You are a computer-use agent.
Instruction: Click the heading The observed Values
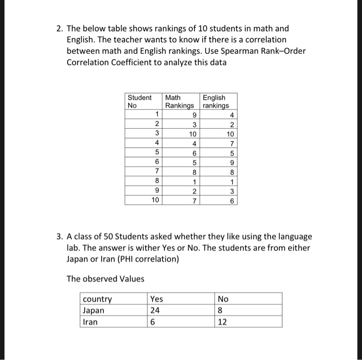pyautogui.click(x=105, y=279)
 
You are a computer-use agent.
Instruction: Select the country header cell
pyautogui.click(x=97, y=299)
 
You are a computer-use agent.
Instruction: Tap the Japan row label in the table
pyautogui.click(x=94, y=310)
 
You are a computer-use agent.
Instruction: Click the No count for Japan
pyautogui.click(x=221, y=310)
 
